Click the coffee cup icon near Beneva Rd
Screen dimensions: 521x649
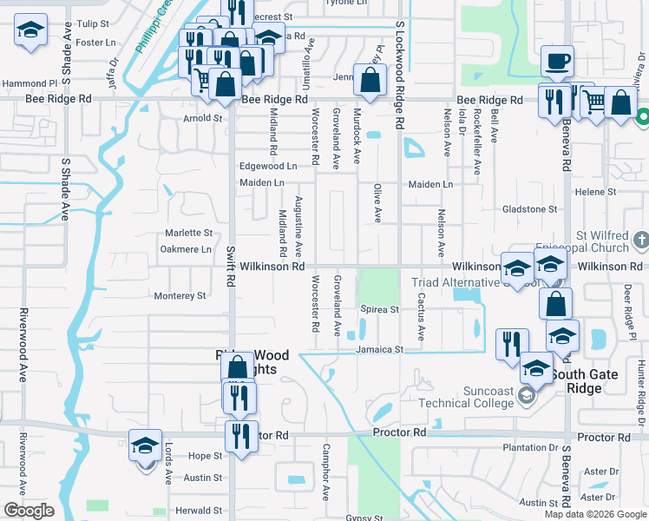pyautogui.click(x=556, y=62)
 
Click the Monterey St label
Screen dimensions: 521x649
pyautogui.click(x=180, y=296)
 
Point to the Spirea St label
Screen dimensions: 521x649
pyautogui.click(x=379, y=310)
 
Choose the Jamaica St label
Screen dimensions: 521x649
pyautogui.click(x=379, y=349)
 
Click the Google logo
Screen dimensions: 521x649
pyautogui.click(x=29, y=511)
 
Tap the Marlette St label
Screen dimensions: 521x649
pyautogui.click(x=188, y=233)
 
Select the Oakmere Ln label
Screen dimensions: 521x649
pyautogui.click(x=186, y=249)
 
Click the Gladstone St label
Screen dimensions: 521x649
pyautogui.click(x=529, y=209)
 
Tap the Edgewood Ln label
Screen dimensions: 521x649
pyautogui.click(x=268, y=166)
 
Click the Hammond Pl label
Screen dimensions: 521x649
pyautogui.click(x=29, y=83)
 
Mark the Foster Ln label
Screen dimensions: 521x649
pyautogui.click(x=95, y=43)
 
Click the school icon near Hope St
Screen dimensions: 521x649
pyautogui.click(x=146, y=446)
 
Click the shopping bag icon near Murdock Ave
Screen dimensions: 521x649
pyautogui.click(x=370, y=81)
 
